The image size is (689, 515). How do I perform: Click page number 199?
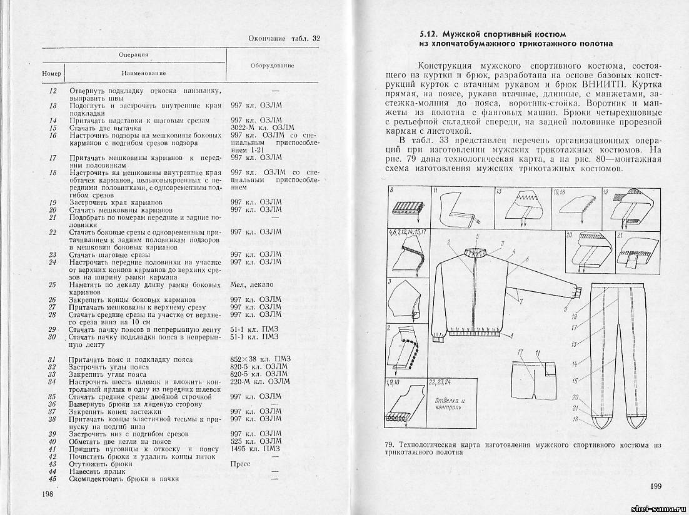[x=655, y=486]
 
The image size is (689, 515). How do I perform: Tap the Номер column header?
[x=52, y=74]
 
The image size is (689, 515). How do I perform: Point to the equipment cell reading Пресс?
[x=240, y=464]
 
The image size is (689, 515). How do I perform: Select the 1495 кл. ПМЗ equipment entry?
[x=255, y=449]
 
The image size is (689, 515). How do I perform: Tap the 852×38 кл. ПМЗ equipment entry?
[x=259, y=359]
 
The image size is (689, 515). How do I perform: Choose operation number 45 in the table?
[x=53, y=479]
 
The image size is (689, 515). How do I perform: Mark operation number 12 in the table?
[x=53, y=91]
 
